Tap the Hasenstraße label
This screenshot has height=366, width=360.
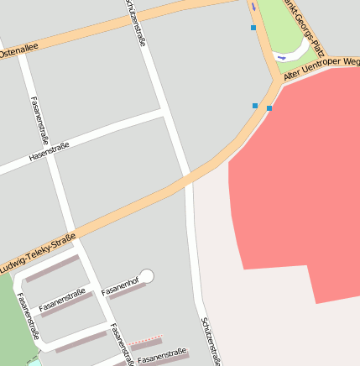[x=49, y=151]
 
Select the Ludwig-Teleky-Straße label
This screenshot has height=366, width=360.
[x=38, y=252]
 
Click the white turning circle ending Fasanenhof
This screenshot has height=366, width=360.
[x=147, y=275]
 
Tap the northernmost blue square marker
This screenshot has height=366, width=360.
[x=253, y=28]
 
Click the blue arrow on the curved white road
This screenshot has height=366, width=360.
[x=281, y=57]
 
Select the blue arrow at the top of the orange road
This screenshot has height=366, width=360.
[x=253, y=7]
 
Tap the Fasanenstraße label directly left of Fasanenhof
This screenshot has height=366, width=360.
[x=62, y=299]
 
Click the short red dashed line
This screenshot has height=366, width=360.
[x=146, y=339]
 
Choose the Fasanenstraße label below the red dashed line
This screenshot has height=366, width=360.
[x=162, y=356]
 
